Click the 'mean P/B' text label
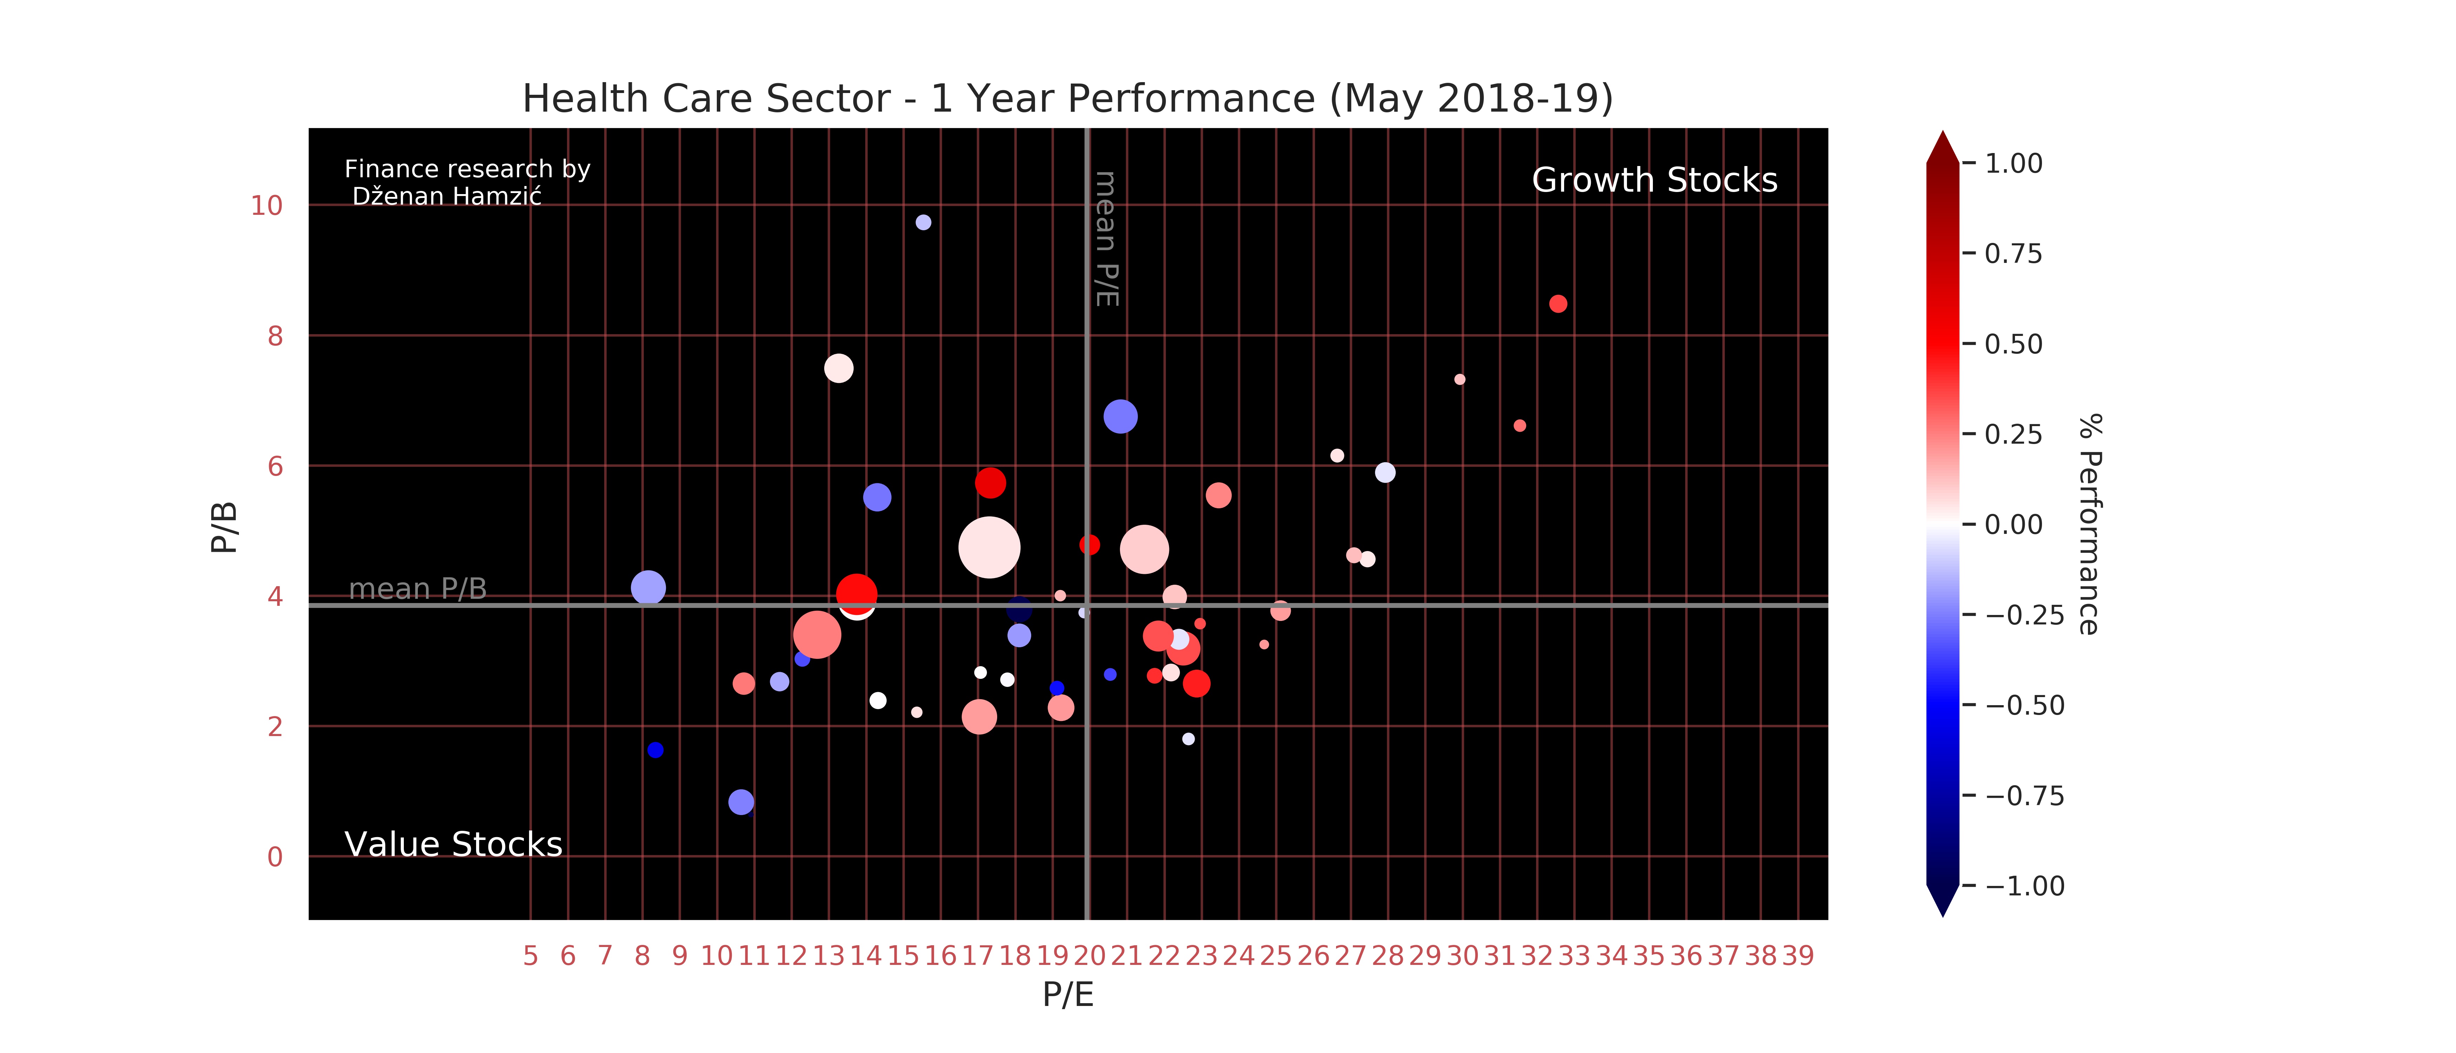418,589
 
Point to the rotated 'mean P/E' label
1106,238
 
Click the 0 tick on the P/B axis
275,856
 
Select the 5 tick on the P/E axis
530,956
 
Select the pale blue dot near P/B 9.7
923,222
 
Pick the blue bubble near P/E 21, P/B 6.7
1120,417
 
